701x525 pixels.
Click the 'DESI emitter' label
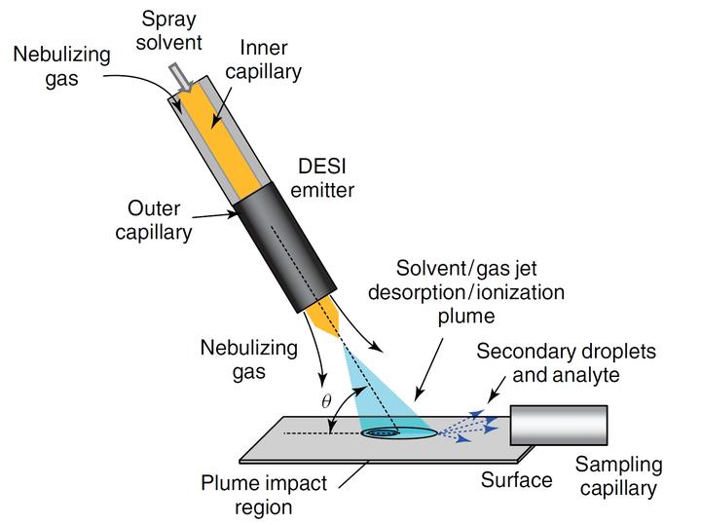(326, 178)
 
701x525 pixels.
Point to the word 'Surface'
(516, 479)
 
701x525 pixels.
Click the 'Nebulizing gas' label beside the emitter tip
(241, 357)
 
